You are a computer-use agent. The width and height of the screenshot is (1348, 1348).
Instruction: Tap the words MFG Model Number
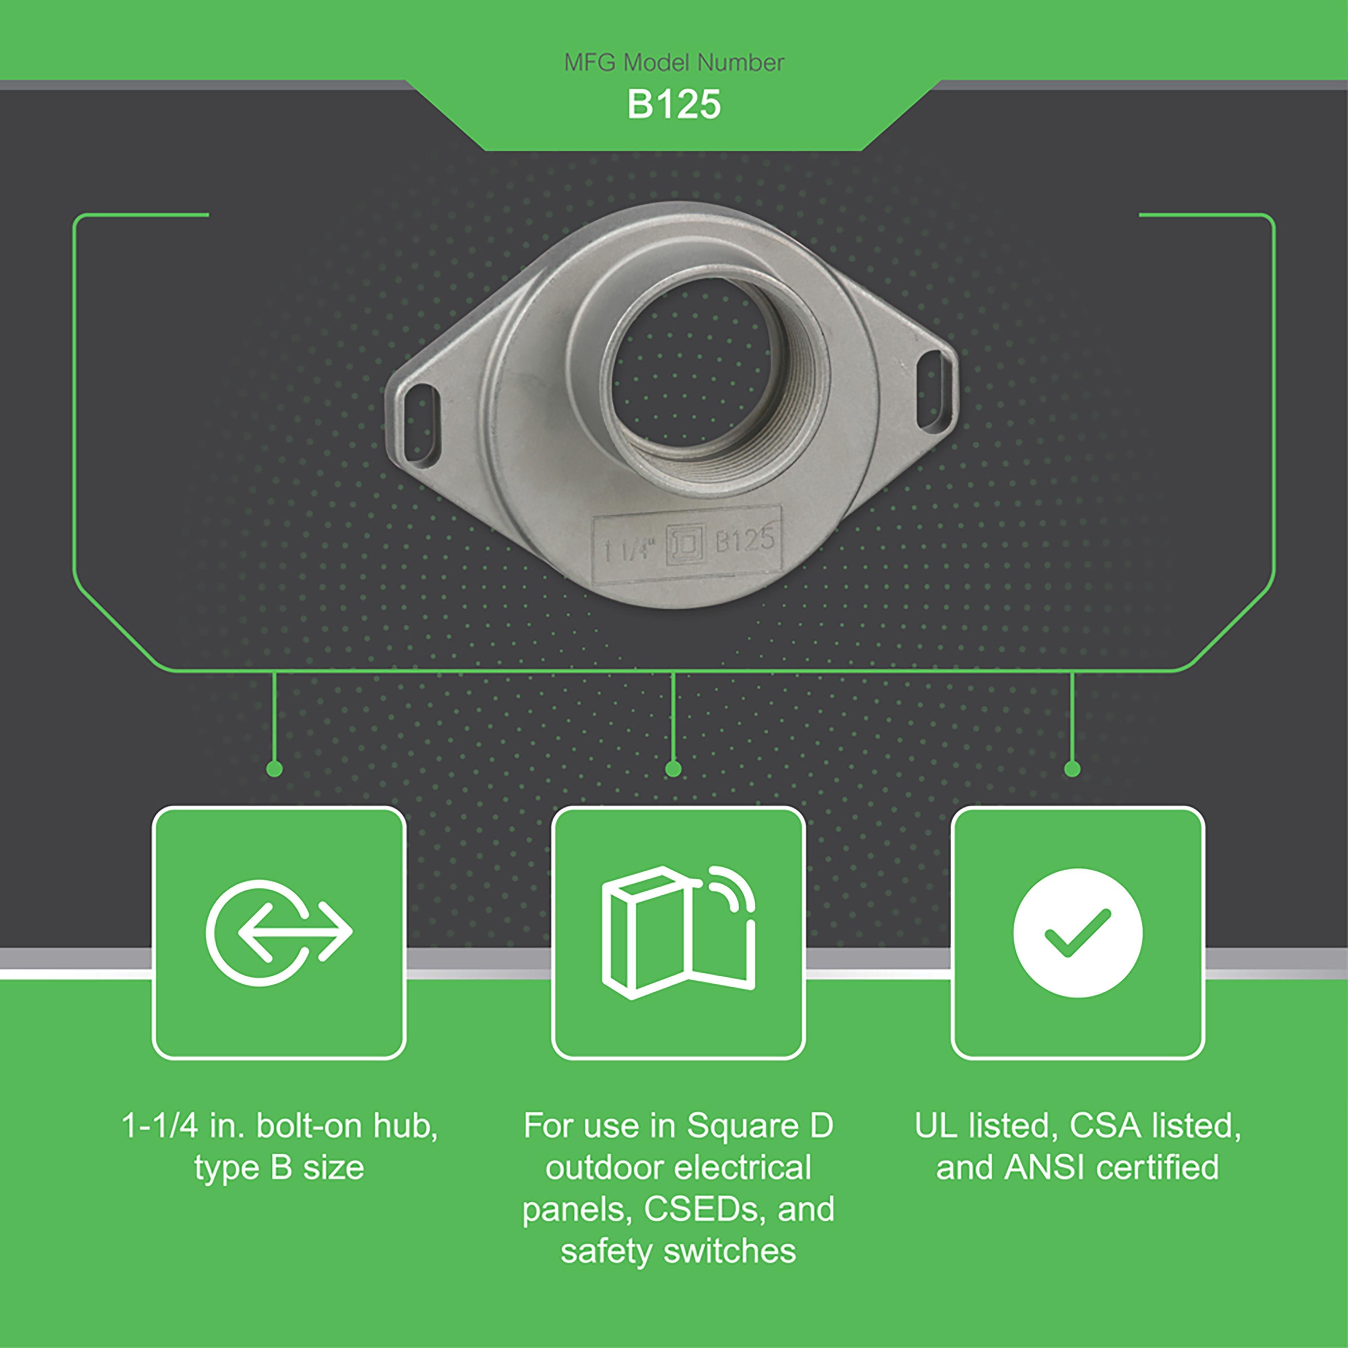click(674, 63)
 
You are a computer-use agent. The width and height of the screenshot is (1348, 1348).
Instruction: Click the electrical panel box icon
click(678, 932)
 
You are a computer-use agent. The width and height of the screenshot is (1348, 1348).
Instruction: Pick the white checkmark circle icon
click(1078, 932)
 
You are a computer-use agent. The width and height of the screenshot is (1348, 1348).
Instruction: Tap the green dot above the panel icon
click(673, 769)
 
